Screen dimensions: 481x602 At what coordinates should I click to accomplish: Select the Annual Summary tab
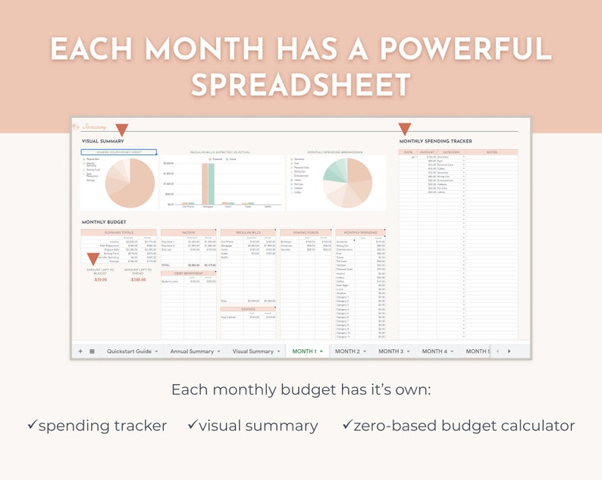coord(192,351)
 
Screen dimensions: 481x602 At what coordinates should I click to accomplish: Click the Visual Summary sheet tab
coord(252,351)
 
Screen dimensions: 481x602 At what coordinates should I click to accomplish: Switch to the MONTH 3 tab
coord(391,351)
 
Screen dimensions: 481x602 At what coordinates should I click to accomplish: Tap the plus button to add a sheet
coord(80,351)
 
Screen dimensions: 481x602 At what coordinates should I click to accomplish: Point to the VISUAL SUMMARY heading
coord(102,142)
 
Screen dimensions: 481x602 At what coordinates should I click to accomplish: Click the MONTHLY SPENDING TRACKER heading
coord(435,142)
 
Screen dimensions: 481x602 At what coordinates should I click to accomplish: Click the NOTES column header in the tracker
coord(492,152)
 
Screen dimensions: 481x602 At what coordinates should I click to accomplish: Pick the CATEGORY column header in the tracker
coord(451,152)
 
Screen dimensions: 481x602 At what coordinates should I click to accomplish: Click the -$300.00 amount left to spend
coord(138,280)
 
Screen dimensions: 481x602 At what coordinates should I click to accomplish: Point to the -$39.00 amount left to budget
coord(99,280)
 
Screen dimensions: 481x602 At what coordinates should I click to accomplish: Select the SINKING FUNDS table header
coord(306,233)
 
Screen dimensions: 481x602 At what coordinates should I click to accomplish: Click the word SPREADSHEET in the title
coord(300,84)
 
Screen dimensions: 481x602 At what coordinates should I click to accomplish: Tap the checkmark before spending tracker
coord(32,426)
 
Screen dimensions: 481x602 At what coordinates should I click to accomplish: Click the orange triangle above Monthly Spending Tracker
coord(404,129)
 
